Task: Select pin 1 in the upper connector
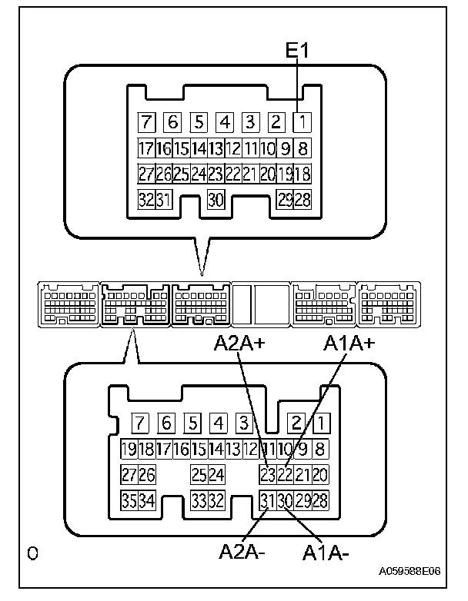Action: coord(303,121)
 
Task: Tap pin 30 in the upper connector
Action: coord(216,200)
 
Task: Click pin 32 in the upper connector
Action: coord(145,200)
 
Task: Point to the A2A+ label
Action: coord(239,345)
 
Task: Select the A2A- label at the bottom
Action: coord(242,551)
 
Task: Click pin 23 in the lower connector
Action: coord(268,475)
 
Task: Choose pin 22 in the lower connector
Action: coord(285,475)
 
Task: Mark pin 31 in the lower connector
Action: coord(268,501)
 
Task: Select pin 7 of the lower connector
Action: coord(139,423)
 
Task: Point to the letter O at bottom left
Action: coord(32,553)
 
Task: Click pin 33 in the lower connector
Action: coord(199,501)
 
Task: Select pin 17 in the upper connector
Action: coord(145,148)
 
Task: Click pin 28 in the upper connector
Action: coord(303,200)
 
